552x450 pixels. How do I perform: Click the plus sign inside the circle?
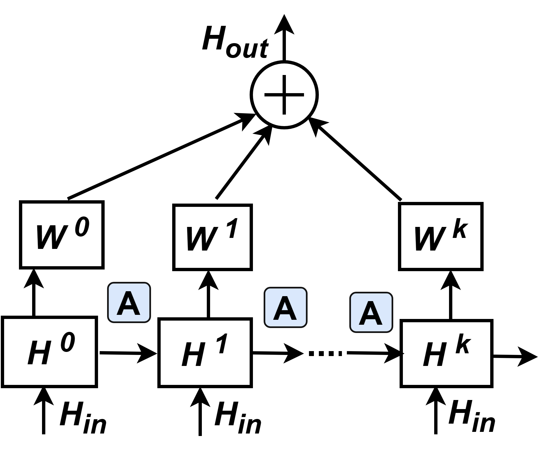284,95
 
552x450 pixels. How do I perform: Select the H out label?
235,42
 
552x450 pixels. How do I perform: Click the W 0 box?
62,234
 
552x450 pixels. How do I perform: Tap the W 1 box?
212,237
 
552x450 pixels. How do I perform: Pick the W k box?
441,237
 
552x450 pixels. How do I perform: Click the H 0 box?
49,352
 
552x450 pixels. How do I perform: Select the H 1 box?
205,353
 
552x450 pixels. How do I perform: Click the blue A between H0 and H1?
129,302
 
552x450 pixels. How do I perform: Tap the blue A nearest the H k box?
371,312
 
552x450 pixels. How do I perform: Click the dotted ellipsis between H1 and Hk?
325,353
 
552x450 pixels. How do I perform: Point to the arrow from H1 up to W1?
208,294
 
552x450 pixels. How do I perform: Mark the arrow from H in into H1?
200,411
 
